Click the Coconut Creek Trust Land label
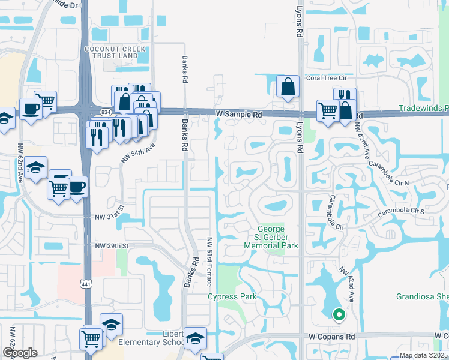111,52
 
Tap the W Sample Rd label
239,113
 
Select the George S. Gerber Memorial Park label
278,237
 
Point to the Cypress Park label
232,296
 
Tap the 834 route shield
106,112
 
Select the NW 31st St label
112,216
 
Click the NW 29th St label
112,246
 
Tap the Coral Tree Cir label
327,77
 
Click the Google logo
20,353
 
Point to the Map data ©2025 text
420,355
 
